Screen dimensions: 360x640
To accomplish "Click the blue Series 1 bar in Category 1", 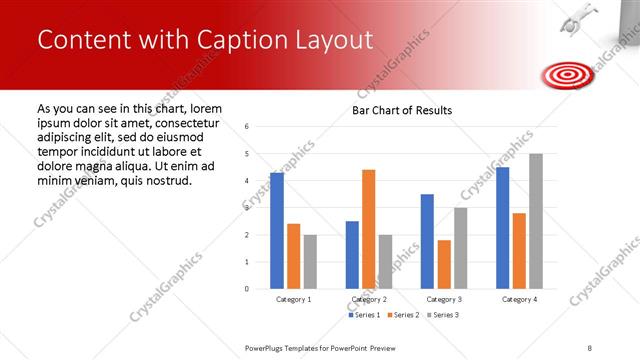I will pyautogui.click(x=277, y=231).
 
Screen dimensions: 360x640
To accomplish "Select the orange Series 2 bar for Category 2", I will pyautogui.click(x=369, y=229).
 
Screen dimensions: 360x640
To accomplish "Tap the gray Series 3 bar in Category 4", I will pyautogui.click(x=536, y=221).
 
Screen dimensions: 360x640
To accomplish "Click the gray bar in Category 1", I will pyautogui.click(x=310, y=262).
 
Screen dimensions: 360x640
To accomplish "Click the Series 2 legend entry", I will pyautogui.click(x=402, y=315).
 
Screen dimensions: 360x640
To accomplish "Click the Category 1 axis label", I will pyautogui.click(x=294, y=299).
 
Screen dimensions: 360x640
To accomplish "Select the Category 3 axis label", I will pyautogui.click(x=444, y=299).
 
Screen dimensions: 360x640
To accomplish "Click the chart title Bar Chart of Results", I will pyautogui.click(x=402, y=110).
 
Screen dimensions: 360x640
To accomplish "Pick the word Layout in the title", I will pyautogui.click(x=332, y=40).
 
